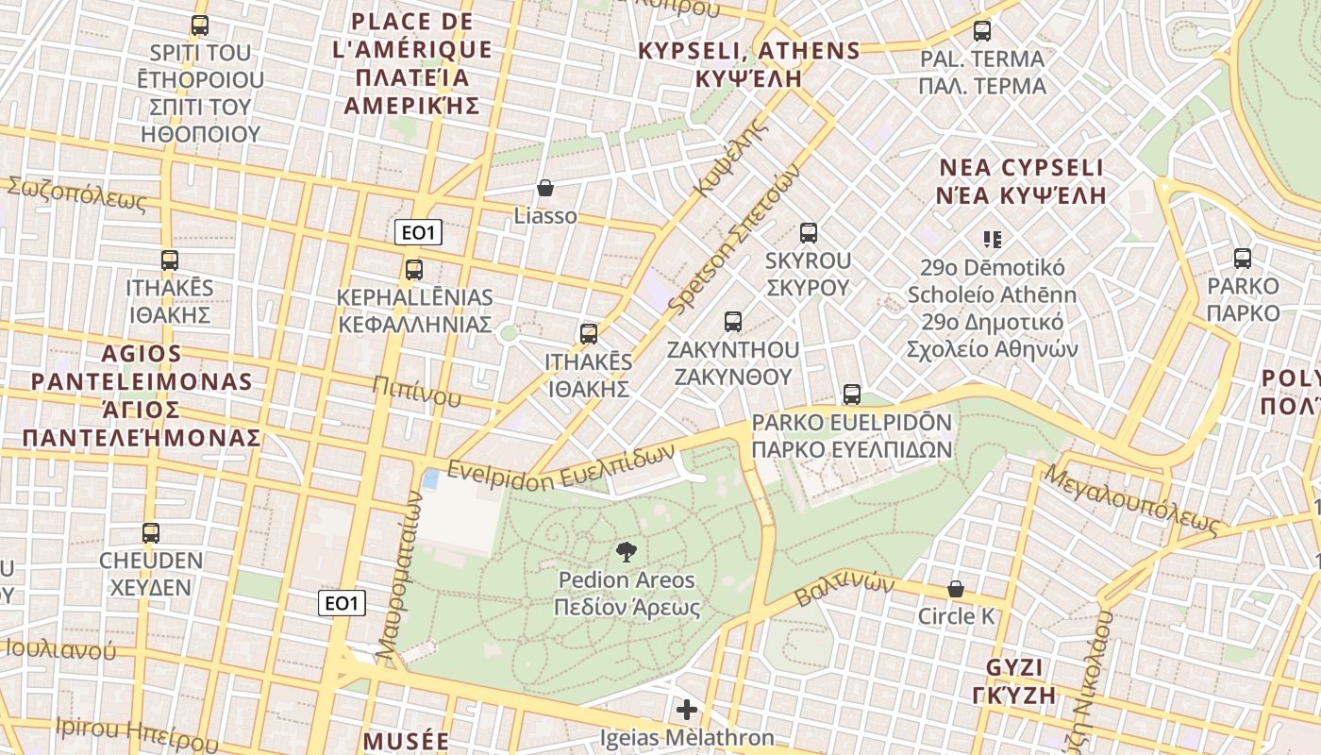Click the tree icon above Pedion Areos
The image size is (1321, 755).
tap(626, 552)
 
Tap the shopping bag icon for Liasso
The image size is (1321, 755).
tap(544, 188)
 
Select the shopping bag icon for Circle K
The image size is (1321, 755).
tap(956, 589)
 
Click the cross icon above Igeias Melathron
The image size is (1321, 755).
tap(687, 709)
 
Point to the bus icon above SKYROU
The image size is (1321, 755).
tap(808, 232)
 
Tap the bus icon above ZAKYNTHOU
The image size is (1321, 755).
tap(733, 321)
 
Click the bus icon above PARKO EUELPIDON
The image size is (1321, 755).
tap(852, 394)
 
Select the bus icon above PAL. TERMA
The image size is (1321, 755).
tap(982, 31)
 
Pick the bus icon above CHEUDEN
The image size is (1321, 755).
tap(151, 532)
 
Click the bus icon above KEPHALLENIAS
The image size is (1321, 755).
tap(414, 270)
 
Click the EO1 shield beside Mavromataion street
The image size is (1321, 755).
tap(342, 603)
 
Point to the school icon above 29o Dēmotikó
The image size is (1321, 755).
tap(992, 239)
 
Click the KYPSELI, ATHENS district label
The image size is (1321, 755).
tap(749, 64)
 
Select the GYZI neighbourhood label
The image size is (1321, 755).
tap(1014, 681)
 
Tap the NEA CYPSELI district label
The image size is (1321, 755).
tap(1021, 181)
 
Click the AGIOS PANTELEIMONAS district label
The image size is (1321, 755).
tap(142, 395)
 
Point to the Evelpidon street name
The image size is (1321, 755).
tap(500, 474)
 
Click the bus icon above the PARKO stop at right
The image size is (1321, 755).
tap(1243, 258)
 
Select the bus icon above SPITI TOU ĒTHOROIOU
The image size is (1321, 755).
tap(199, 25)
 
